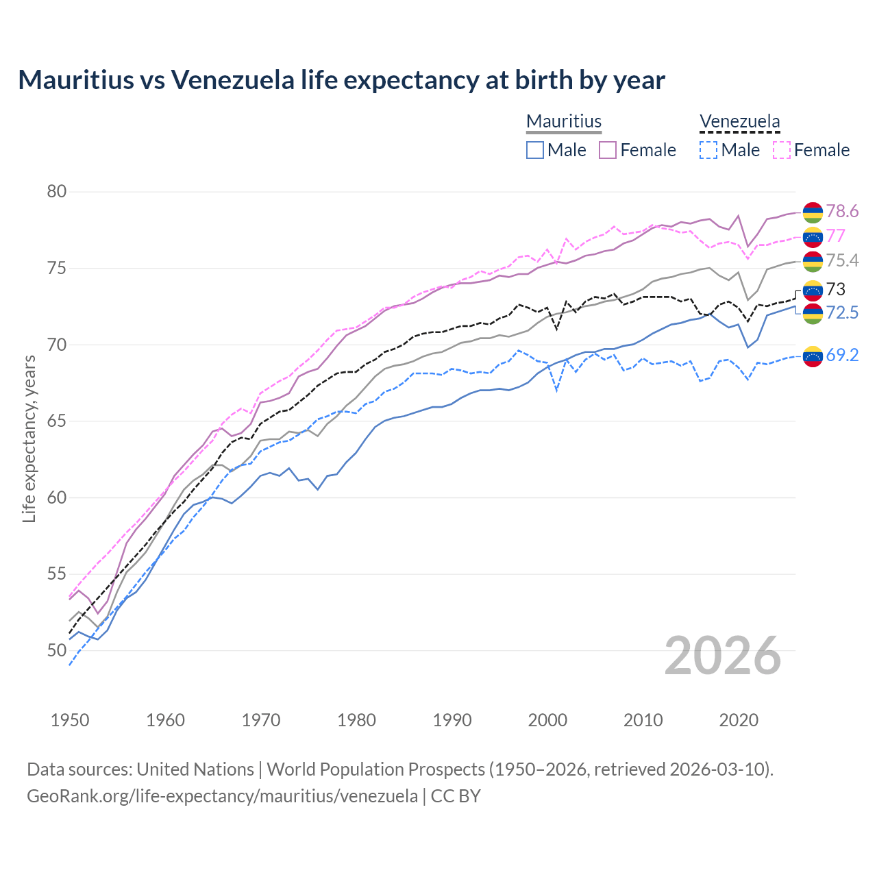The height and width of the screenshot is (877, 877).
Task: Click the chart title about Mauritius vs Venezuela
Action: (x=341, y=80)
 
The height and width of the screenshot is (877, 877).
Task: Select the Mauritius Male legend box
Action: (x=535, y=150)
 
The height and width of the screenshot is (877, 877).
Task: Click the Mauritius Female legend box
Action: (x=608, y=150)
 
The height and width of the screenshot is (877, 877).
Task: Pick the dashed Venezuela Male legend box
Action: (x=708, y=150)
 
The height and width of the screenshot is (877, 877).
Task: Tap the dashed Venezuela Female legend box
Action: (x=781, y=150)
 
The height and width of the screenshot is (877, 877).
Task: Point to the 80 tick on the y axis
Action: (x=57, y=192)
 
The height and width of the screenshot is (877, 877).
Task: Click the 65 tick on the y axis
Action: (x=57, y=421)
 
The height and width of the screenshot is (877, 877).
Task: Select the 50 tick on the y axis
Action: (x=57, y=650)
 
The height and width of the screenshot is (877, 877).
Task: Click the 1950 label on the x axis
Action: (x=70, y=720)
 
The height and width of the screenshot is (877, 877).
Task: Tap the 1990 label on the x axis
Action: (x=452, y=720)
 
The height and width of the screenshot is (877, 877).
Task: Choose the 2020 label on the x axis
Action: (x=739, y=720)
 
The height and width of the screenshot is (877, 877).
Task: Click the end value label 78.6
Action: (x=842, y=212)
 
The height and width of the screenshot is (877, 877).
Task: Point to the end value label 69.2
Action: (x=842, y=355)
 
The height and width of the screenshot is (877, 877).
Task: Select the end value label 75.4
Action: (x=842, y=260)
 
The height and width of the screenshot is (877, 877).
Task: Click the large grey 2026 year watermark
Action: (x=723, y=656)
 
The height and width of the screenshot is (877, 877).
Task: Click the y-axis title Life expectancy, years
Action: (x=29, y=438)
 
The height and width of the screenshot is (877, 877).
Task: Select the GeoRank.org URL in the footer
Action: (x=222, y=796)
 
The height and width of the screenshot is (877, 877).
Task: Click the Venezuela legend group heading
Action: (x=739, y=122)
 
